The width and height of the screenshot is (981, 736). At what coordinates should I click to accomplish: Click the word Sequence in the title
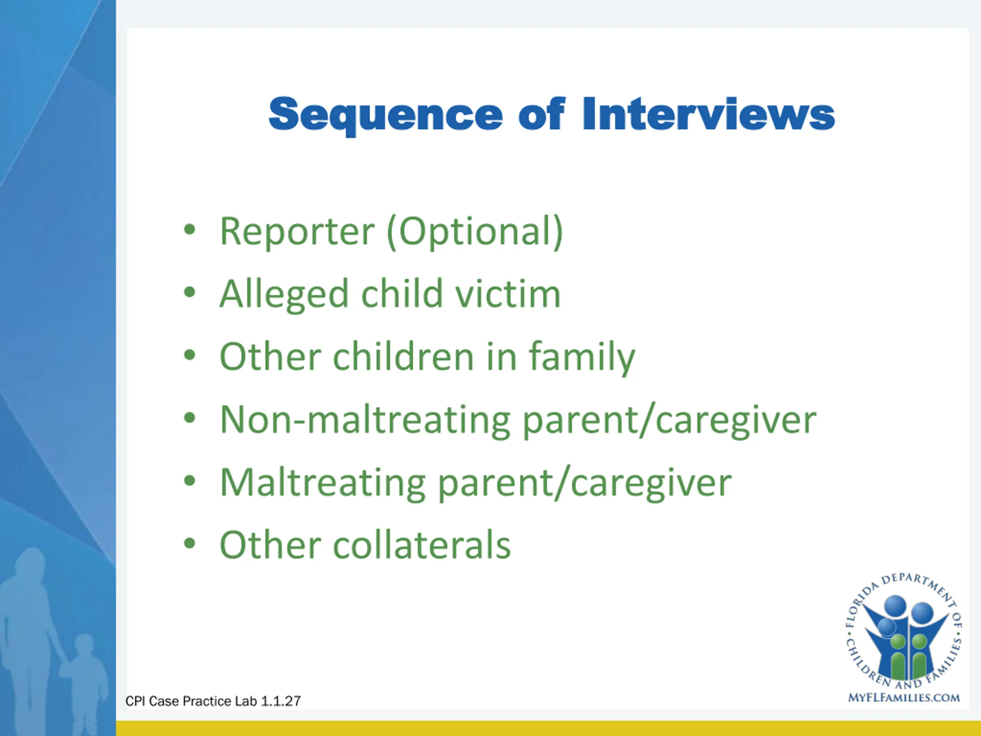(x=386, y=115)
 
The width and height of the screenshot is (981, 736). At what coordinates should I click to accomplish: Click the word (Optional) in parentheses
(x=475, y=232)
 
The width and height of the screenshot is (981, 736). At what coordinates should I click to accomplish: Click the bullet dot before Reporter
(x=189, y=230)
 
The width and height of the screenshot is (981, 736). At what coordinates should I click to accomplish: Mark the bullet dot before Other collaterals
(x=189, y=544)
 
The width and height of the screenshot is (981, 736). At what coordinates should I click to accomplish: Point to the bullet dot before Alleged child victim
(x=189, y=292)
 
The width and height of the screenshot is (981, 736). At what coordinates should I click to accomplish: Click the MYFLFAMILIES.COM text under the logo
(x=904, y=698)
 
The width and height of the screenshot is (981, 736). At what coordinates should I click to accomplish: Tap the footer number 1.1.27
(x=281, y=701)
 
